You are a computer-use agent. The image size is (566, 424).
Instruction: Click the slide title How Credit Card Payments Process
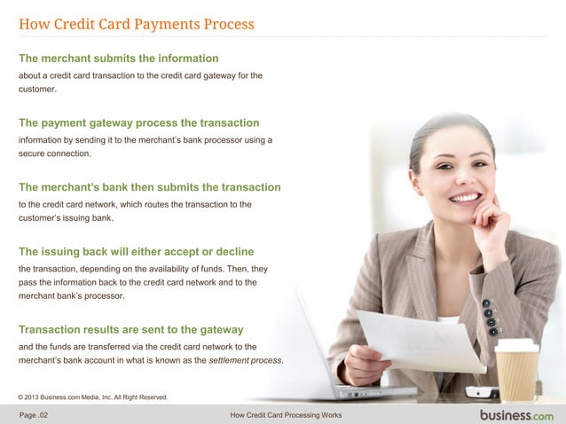[x=137, y=24]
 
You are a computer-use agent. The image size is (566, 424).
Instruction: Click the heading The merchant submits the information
[x=118, y=59]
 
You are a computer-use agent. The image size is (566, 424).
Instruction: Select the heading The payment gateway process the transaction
[x=138, y=122]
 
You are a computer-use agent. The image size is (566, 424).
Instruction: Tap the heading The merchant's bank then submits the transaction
[x=149, y=187]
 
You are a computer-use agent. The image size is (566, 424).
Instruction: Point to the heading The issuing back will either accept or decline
[x=136, y=251]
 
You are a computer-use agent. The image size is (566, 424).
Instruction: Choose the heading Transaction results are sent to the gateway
[x=130, y=330]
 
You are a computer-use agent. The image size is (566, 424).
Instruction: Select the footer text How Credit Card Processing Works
[x=285, y=415]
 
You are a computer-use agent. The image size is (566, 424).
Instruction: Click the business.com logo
[x=516, y=414]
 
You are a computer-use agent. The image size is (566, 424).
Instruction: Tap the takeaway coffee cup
[x=516, y=369]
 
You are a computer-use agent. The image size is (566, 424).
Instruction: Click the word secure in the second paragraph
[x=34, y=154]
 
